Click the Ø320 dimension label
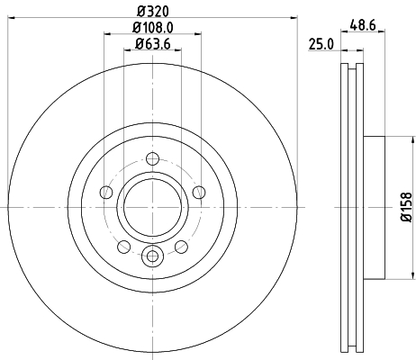[x=153, y=12]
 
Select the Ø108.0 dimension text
[x=153, y=28]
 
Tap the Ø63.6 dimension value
[x=153, y=44]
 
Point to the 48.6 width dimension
[x=363, y=25]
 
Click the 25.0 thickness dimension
[x=321, y=45]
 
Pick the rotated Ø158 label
[x=406, y=207]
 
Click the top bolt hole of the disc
[x=152, y=158]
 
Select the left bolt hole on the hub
[x=106, y=192]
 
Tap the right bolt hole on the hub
[x=199, y=192]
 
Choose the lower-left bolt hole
[x=124, y=247]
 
